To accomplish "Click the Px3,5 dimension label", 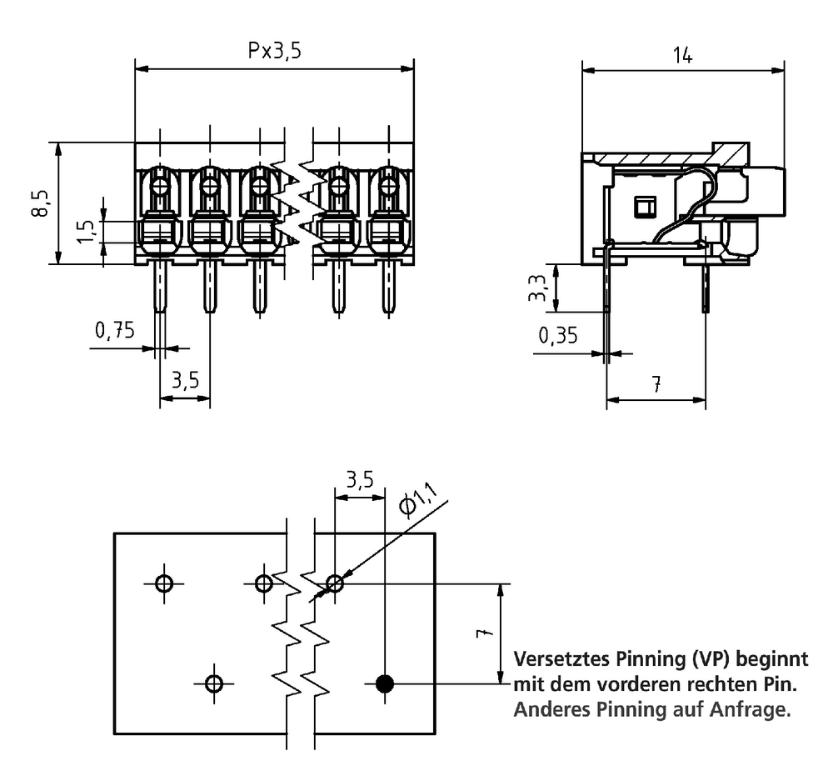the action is pyautogui.click(x=274, y=51).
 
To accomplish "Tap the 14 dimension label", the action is pyautogui.click(x=683, y=55).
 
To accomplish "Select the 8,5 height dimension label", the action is pyautogui.click(x=40, y=203).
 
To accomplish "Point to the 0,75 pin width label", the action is pyautogui.click(x=115, y=330).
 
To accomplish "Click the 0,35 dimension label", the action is pyautogui.click(x=558, y=335).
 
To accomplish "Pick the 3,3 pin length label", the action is pyautogui.click(x=537, y=288).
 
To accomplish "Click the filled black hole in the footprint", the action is pyautogui.click(x=385, y=683).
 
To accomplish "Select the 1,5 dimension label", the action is pyautogui.click(x=87, y=232).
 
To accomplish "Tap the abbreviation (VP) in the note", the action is pyautogui.click(x=711, y=659).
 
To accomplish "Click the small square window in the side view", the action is pyautogui.click(x=646, y=207).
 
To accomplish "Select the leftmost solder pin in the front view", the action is pyautogui.click(x=160, y=286).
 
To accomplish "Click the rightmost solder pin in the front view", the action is pyautogui.click(x=389, y=286).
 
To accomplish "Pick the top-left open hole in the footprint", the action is pyautogui.click(x=164, y=583).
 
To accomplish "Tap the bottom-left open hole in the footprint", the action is pyautogui.click(x=214, y=683).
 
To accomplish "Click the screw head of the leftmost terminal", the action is pyautogui.click(x=160, y=187).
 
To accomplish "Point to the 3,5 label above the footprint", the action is pyautogui.click(x=360, y=480).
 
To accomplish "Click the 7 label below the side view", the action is pyautogui.click(x=656, y=383).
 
